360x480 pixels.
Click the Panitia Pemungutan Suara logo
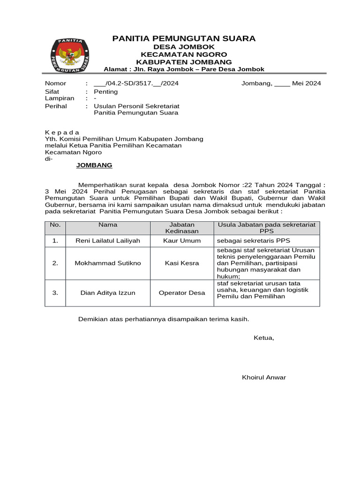point(69,55)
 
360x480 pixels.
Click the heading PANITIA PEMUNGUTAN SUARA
point(184,38)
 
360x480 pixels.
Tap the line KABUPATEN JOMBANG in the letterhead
point(184,62)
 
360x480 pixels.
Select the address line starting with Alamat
point(184,69)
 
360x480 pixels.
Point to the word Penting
point(105,92)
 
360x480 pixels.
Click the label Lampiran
point(60,98)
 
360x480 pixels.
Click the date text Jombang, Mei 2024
point(281,83)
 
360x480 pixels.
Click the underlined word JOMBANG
point(94,165)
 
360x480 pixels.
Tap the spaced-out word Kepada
point(62,132)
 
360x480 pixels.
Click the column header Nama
point(108,225)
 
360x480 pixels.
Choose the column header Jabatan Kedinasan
point(181,228)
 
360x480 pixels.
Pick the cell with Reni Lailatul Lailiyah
point(108,240)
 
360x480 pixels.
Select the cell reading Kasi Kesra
point(181,263)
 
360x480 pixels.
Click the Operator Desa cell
point(181,293)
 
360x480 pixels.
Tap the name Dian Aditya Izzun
point(108,293)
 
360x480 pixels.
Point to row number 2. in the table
point(55,263)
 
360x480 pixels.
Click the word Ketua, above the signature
point(263,337)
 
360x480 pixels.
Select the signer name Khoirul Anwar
point(263,377)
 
